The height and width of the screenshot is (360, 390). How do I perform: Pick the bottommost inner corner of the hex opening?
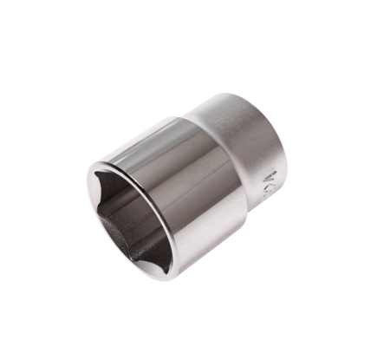[140, 257]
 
